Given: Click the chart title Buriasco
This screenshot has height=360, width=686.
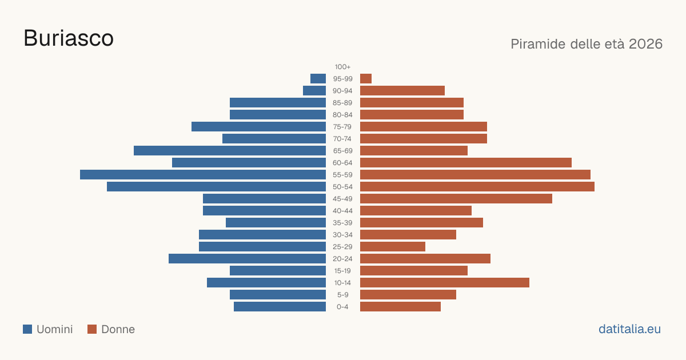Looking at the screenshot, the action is pos(69,38).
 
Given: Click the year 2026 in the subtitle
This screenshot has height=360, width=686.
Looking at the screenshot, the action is pos(645,44).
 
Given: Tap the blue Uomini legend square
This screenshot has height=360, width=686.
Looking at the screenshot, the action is pos(27,329).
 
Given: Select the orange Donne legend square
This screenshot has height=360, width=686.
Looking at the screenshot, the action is pos(92,329).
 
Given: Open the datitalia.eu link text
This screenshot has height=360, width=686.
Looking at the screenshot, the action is pos(629,329).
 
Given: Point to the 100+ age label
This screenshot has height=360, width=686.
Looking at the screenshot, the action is pos(342,67).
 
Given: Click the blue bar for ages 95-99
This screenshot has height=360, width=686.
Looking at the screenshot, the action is pos(318,79).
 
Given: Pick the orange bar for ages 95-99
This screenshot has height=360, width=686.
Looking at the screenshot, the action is pos(366,79).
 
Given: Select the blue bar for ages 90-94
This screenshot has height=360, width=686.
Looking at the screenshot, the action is pos(314,91).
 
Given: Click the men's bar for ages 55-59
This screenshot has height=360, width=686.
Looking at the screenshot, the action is pos(203,175).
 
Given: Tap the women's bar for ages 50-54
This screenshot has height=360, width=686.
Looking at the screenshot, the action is pos(477,187).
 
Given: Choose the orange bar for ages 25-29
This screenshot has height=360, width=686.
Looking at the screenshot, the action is pos(393,247).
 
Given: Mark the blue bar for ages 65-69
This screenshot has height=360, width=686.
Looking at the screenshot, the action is pos(230,151).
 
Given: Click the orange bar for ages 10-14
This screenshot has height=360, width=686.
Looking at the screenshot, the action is pos(445,282).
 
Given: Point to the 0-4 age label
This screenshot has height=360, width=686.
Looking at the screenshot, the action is pos(342,307).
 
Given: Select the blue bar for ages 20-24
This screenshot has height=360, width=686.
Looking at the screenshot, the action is pos(247,259).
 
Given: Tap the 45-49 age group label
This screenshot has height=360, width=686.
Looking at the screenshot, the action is pos(342,199).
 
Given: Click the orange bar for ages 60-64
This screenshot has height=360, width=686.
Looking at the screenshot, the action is pos(466,162).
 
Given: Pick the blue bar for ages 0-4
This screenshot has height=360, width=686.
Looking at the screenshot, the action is pos(280,307).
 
